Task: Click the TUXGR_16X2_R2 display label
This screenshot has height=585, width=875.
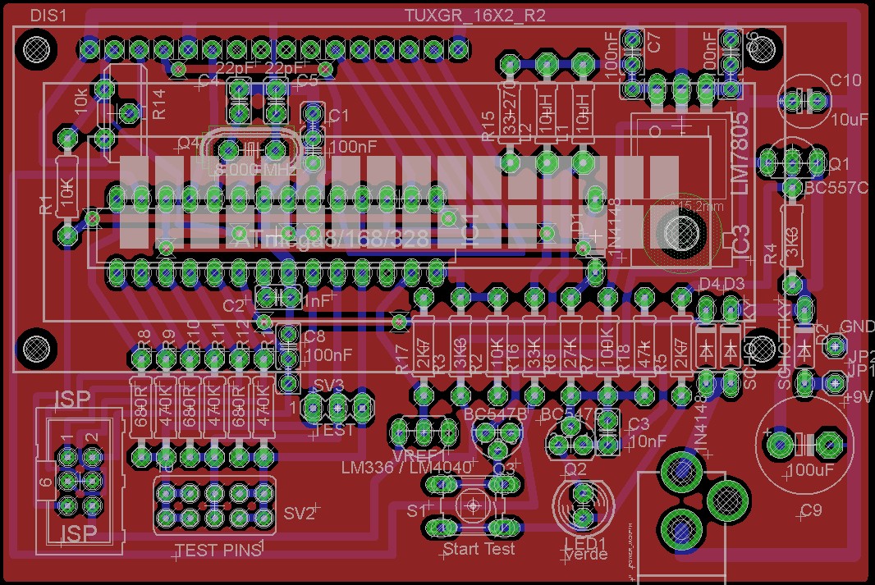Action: (x=475, y=16)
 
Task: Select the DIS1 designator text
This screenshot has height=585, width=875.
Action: (x=48, y=16)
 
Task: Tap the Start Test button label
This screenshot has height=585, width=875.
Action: (x=479, y=548)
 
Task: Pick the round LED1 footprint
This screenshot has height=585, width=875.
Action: (x=584, y=506)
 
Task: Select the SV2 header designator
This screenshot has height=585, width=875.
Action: (x=300, y=514)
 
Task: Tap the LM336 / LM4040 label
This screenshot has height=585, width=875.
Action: (x=406, y=467)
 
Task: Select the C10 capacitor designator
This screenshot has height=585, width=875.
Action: (x=845, y=80)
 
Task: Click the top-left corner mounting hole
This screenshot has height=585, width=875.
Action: (x=37, y=49)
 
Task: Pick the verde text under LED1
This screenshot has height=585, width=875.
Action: (x=586, y=555)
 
